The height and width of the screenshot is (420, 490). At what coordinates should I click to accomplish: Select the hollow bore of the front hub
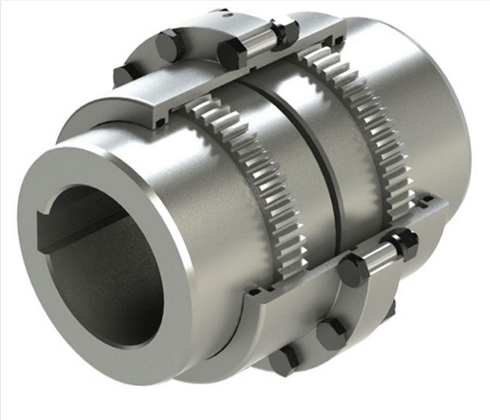(x=102, y=267)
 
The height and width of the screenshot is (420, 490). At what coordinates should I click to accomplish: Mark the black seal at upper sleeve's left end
(x=161, y=121)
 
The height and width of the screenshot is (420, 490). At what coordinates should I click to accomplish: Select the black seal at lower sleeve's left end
(x=251, y=293)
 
